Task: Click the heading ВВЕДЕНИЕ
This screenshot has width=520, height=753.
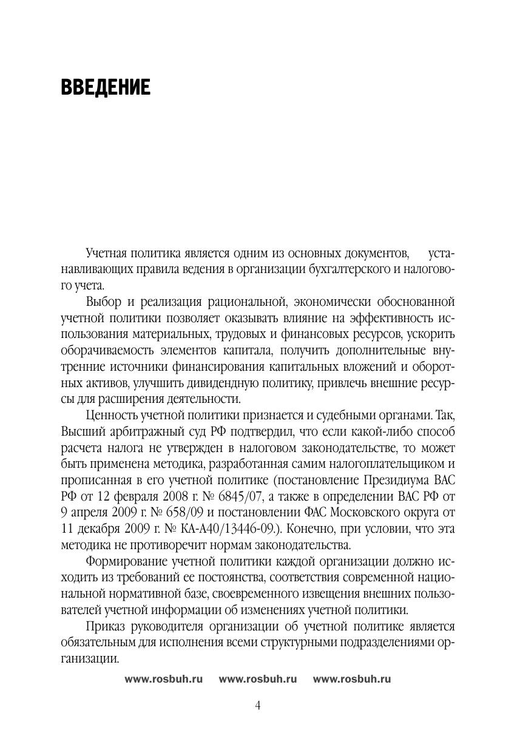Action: [x=105, y=88]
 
